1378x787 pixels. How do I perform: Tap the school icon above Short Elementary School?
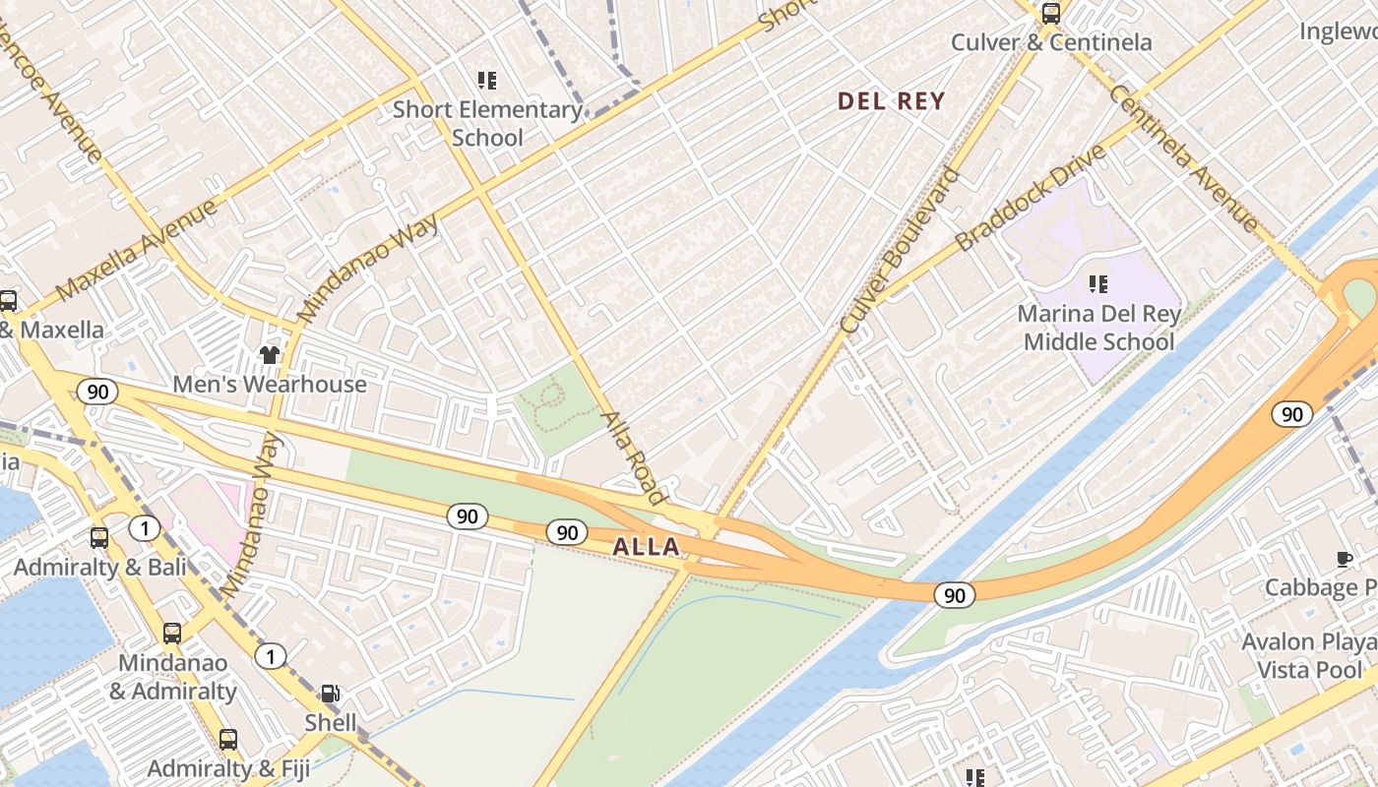486,80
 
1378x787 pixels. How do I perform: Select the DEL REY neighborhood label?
891,100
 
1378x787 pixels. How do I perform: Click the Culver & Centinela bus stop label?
1051,42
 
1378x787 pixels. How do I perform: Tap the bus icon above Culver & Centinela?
1051,14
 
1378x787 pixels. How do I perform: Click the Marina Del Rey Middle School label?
1098,328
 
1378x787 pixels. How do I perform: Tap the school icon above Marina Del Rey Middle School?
1097,284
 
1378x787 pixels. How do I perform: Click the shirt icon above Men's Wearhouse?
270,354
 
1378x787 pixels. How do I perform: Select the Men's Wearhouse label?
270,384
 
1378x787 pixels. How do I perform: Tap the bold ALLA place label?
646,547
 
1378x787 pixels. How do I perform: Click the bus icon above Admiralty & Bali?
99,538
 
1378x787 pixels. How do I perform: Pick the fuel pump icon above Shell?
332,694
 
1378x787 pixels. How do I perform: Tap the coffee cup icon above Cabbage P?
1345,559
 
